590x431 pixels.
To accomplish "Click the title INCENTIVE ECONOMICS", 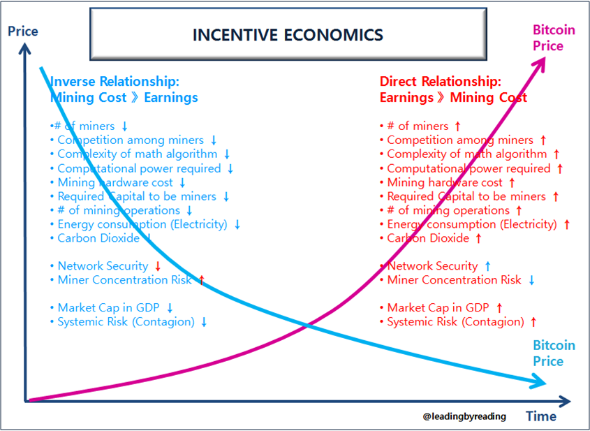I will pos(288,34).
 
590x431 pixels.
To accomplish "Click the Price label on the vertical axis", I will pos(22,31).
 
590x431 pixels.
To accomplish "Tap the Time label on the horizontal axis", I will pos(541,417).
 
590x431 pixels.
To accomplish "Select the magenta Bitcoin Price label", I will pos(553,38).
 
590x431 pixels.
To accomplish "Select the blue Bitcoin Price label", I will pos(553,353).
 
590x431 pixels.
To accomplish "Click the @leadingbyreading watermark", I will pos(464,416).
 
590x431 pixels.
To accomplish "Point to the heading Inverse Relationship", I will pos(115,82).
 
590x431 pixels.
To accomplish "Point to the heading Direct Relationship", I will pos(440,82).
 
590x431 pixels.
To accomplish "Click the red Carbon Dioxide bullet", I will pos(428,238).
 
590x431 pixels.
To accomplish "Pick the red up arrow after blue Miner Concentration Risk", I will pos(201,280).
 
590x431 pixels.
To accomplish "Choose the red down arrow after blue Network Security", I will pos(158,266).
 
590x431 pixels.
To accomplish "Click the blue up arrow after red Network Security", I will pos(487,266).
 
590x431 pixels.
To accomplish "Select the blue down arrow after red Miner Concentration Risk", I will pos(531,280).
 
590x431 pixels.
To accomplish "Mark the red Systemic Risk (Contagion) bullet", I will pos(455,322).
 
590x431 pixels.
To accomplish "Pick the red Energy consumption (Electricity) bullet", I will pos(472,224).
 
